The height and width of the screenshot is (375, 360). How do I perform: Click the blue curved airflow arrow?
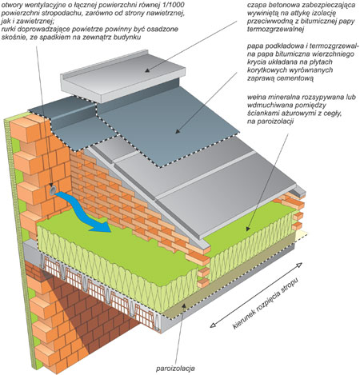(80, 210)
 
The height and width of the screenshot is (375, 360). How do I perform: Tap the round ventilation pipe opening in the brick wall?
(53, 189)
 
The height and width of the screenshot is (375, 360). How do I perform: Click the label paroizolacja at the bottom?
(175, 369)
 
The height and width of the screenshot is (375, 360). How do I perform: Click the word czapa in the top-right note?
(255, 6)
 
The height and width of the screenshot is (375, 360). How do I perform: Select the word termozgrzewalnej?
(275, 30)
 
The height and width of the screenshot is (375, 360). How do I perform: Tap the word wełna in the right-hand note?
(256, 97)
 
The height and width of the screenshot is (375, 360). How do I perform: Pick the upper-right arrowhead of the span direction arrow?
(299, 265)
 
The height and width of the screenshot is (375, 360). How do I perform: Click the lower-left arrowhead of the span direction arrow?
(214, 325)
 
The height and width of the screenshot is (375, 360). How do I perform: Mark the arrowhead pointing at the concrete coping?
(147, 70)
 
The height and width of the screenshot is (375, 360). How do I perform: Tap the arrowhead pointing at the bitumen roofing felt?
(178, 131)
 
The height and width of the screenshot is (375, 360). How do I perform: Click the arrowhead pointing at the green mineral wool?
(248, 228)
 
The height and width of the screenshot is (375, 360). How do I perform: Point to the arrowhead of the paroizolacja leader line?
(183, 305)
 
